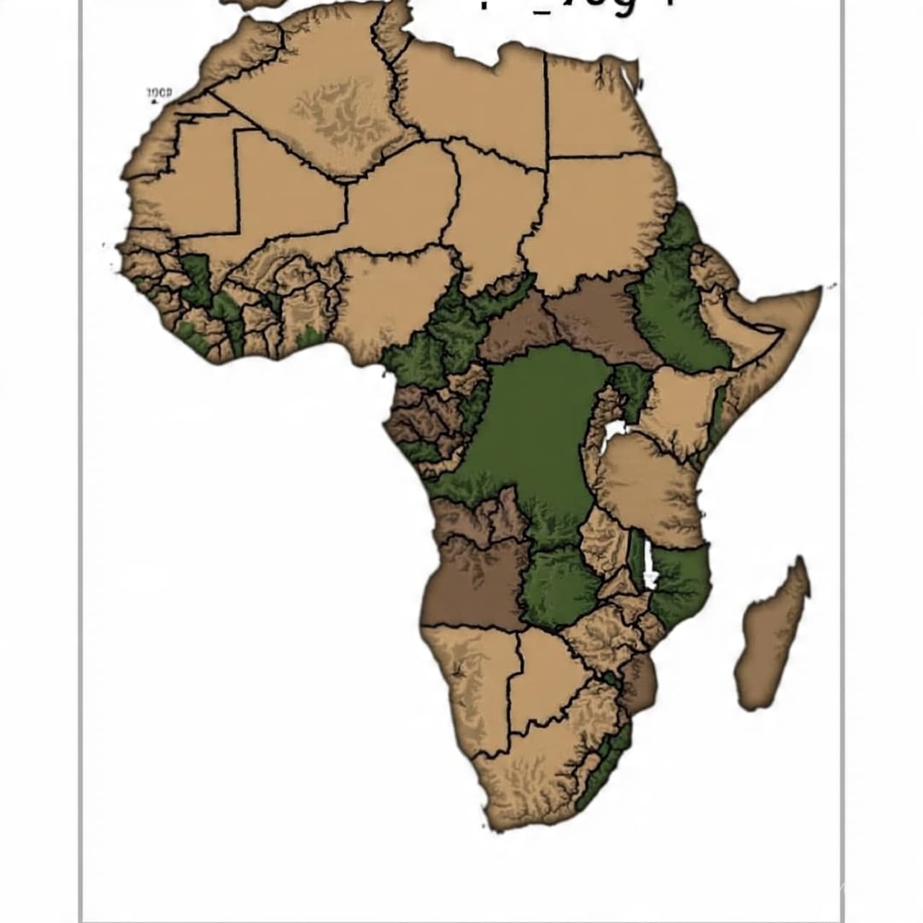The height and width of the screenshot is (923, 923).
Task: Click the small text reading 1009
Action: pyautogui.click(x=159, y=93)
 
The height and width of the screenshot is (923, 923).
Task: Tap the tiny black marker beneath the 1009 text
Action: pyautogui.click(x=154, y=102)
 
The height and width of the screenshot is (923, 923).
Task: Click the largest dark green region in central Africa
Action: pyautogui.click(x=537, y=425)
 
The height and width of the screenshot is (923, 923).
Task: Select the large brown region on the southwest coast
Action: pyautogui.click(x=469, y=584)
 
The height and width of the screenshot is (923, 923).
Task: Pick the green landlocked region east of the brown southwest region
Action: pyautogui.click(x=559, y=584)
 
